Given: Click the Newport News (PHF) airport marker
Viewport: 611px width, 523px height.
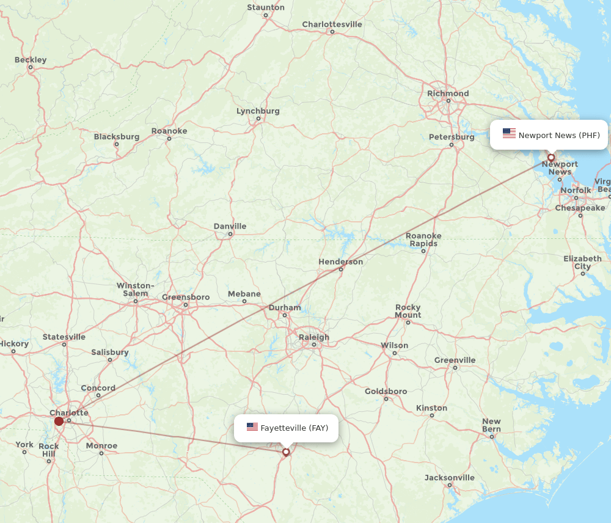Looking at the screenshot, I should point(551,158).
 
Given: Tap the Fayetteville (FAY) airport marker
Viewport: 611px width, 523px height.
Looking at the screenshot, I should point(286,452).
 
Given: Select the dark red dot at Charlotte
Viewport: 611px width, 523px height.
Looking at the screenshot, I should point(59,421).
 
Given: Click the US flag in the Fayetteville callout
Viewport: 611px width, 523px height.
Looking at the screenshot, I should point(252,427).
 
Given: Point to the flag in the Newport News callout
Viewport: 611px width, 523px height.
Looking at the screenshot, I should point(509,133).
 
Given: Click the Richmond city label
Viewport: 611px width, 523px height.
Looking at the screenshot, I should point(448,93).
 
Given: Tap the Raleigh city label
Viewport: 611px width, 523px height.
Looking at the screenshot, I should point(314,337).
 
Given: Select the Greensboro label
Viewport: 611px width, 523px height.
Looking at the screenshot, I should point(186,298).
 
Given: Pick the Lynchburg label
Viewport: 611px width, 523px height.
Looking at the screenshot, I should point(258,111).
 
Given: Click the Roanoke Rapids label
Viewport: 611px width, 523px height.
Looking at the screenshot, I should point(423,240).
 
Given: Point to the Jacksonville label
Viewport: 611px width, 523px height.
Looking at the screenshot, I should point(450,478).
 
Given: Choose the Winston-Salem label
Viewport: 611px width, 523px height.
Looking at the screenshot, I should point(136,289).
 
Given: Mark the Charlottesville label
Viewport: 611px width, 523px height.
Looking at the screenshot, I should point(332,24).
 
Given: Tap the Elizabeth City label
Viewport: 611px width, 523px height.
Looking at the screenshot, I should point(582,262).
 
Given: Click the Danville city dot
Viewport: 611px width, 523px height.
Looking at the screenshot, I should point(230,234).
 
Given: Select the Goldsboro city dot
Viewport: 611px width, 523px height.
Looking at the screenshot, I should point(386,399).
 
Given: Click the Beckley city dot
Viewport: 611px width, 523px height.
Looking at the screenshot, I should point(31,67).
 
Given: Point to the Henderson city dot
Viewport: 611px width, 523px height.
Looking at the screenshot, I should point(341,269).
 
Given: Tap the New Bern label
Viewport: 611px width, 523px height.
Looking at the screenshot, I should point(491,425).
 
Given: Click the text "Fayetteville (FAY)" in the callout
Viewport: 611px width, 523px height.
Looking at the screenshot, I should point(295,428).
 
